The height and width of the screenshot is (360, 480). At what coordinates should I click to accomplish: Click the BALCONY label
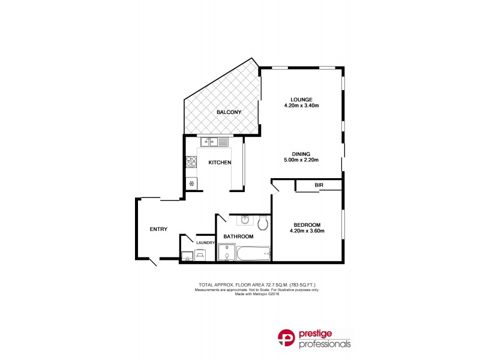point(229,112)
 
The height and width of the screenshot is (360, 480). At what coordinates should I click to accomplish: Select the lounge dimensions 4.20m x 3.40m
point(301,106)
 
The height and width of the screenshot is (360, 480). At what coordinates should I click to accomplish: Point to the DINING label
point(301,154)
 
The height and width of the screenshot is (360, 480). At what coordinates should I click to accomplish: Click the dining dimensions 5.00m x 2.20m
point(301,160)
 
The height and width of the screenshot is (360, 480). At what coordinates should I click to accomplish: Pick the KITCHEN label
point(220,163)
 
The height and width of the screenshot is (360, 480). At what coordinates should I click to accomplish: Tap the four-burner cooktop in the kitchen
point(191,161)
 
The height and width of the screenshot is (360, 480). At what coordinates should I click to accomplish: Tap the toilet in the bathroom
point(262,224)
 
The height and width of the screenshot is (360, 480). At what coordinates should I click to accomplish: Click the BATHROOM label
point(238,237)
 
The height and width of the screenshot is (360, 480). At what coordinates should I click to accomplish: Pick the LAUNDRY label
point(206,242)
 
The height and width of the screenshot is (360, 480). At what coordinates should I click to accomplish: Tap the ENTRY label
point(158,229)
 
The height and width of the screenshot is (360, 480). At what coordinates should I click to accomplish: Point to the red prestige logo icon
point(286,340)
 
